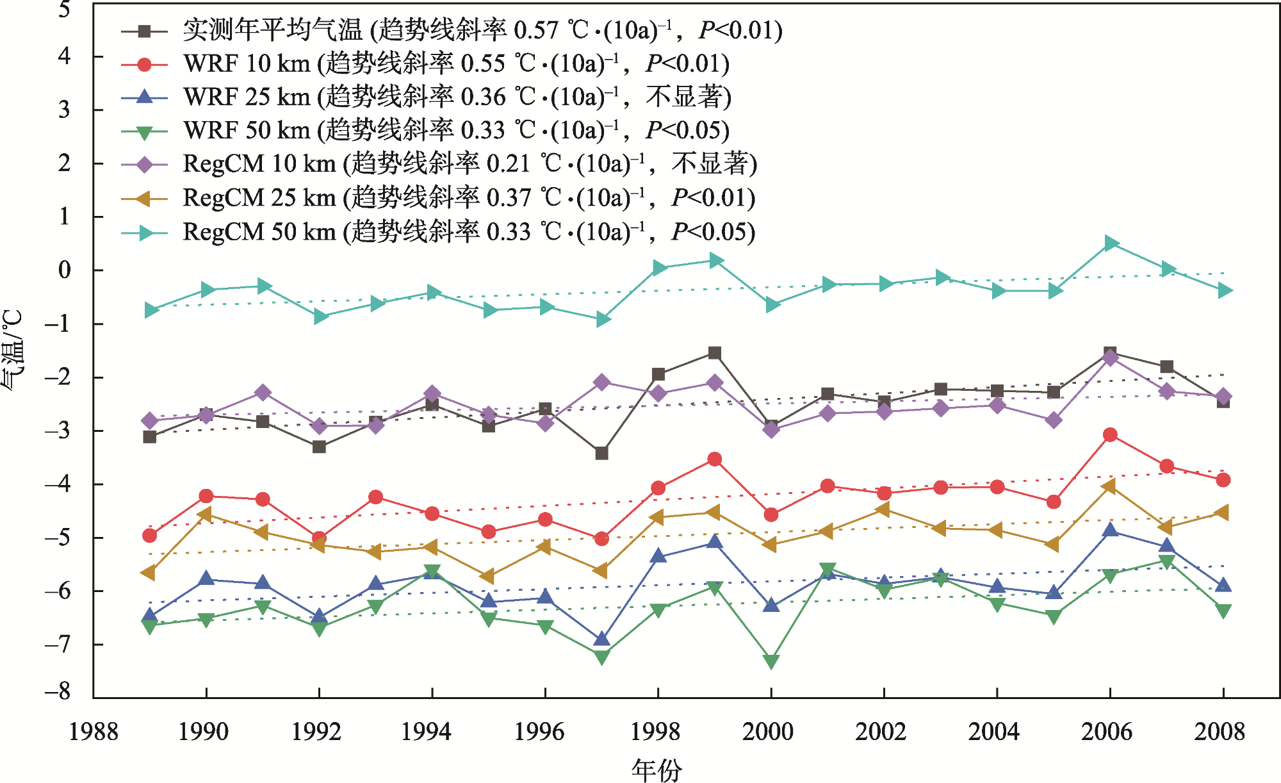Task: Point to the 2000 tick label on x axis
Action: (x=767, y=732)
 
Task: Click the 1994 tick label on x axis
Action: (x=426, y=732)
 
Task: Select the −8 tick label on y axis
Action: (x=58, y=691)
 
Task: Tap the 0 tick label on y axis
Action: (x=64, y=270)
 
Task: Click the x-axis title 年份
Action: (x=657, y=769)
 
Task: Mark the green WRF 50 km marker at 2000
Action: (x=771, y=661)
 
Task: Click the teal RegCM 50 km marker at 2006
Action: (x=1111, y=243)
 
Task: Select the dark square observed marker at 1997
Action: (x=601, y=453)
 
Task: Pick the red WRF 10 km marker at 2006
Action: (x=1110, y=435)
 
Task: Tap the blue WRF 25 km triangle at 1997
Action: (x=601, y=639)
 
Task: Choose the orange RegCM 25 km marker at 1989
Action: (x=149, y=572)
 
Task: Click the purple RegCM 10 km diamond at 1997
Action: (x=601, y=383)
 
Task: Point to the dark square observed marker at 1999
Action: (x=715, y=353)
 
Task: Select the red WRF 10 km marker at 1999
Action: (x=715, y=459)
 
